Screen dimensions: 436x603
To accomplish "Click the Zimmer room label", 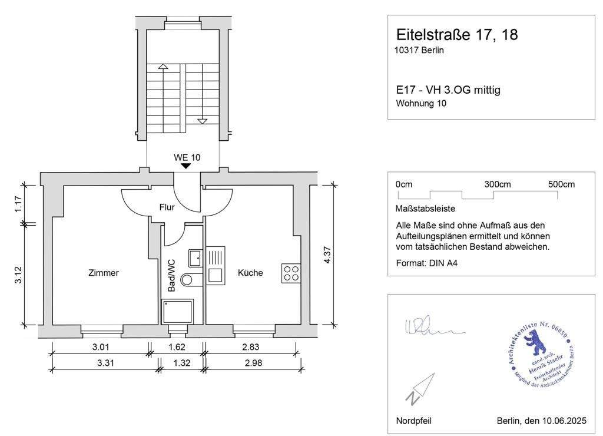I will point(104,273).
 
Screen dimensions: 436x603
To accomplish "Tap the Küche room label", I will point(250,273).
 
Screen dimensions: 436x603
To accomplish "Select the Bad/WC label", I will point(171,275).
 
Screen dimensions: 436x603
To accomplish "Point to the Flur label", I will point(167,207).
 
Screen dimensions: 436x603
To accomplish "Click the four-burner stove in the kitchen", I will point(290,273).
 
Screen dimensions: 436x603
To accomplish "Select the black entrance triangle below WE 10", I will point(185,166).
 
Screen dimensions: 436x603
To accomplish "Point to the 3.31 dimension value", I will point(106,363).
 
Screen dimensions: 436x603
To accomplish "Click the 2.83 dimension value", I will point(250,347).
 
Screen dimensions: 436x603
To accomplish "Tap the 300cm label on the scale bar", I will point(498,184).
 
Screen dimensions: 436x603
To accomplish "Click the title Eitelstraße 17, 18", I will point(457,35).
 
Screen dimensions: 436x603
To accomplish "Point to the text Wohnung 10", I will point(422,104).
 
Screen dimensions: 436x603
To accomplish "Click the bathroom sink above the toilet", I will point(195,257).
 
